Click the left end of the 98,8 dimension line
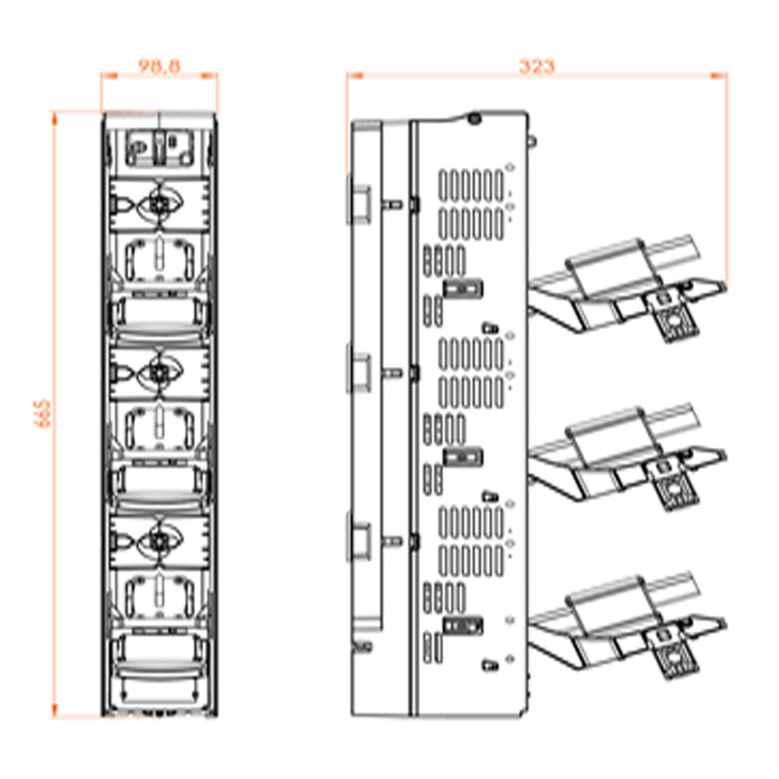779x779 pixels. click(101, 76)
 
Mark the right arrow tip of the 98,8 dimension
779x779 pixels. click(217, 76)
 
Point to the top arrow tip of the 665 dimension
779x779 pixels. click(55, 112)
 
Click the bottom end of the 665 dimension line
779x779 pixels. click(55, 717)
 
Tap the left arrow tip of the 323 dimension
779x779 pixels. click(347, 76)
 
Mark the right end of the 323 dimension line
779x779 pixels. click(727, 76)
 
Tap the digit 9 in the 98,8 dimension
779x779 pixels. click(144, 66)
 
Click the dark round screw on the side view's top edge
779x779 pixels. click(474, 118)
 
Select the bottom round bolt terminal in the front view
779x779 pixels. click(160, 541)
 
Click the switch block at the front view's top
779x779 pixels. click(159, 147)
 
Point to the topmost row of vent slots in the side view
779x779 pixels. click(471, 185)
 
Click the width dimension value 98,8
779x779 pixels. click(159, 66)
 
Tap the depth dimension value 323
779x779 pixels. click(537, 66)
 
